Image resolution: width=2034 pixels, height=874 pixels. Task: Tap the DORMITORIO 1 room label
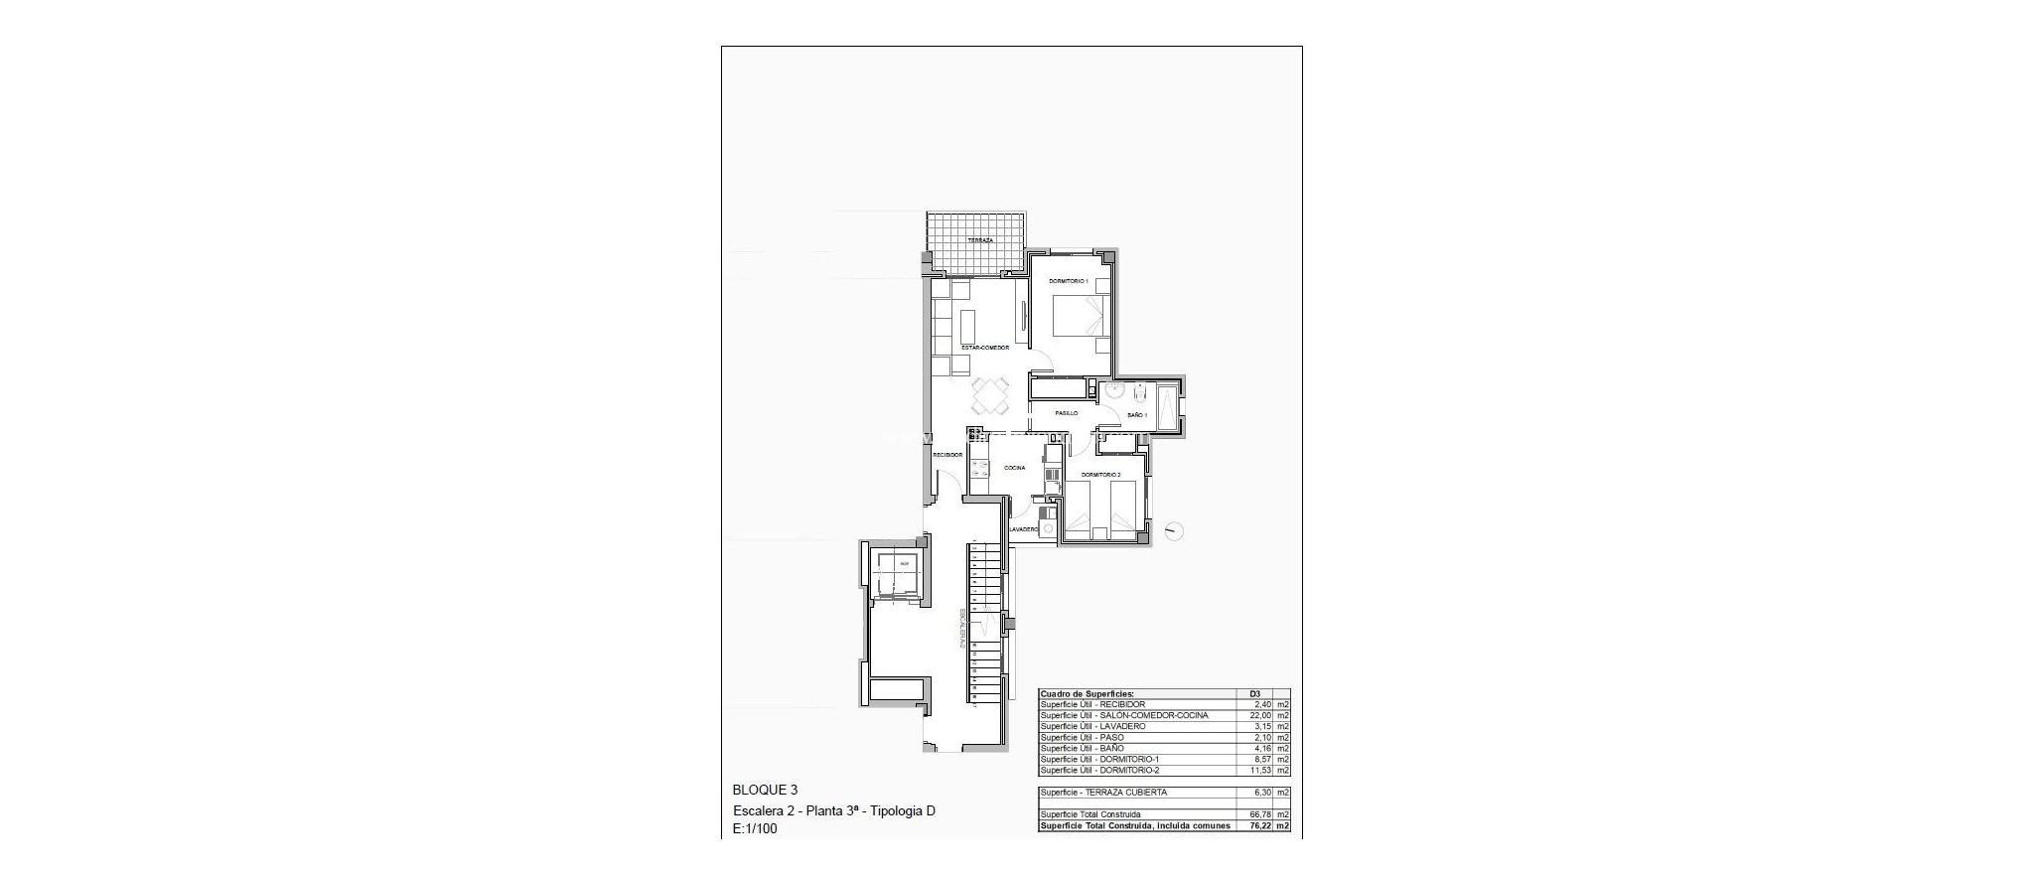click(x=1069, y=282)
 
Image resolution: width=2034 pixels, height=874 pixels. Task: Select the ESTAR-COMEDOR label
click(x=985, y=348)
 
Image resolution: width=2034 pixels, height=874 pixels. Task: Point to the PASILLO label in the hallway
click(x=1067, y=413)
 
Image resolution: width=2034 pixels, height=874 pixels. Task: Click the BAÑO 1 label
click(x=1137, y=415)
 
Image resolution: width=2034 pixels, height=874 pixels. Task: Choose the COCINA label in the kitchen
click(x=1014, y=468)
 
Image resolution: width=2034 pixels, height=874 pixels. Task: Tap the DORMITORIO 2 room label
click(x=1100, y=475)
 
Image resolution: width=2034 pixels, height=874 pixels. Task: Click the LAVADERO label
click(x=1024, y=530)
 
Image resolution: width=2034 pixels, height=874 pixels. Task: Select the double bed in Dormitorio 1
click(x=1078, y=323)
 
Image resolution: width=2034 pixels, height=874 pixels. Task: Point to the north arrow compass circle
click(x=1176, y=531)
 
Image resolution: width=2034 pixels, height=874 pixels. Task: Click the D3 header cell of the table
click(x=1254, y=694)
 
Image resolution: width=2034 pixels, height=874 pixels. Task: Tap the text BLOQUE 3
click(x=765, y=791)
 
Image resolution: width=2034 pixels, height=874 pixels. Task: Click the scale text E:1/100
click(x=755, y=828)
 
